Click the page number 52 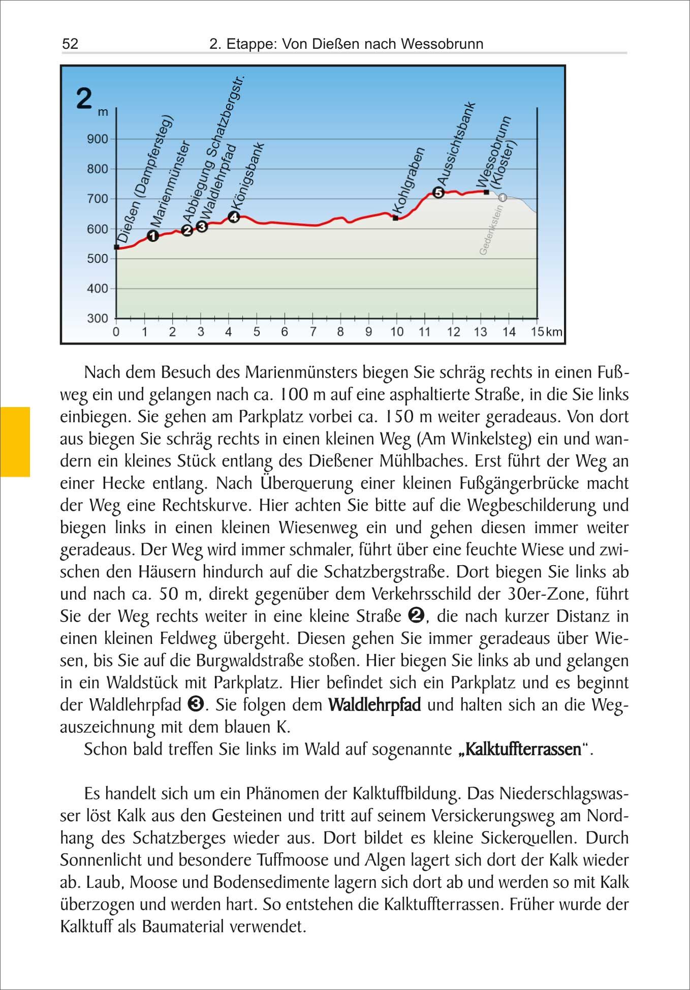[x=70, y=44]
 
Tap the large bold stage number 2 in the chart [x=84, y=99]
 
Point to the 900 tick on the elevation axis [x=98, y=139]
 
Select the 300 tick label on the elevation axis [x=98, y=319]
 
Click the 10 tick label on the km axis [x=396, y=332]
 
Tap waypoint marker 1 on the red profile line [x=153, y=236]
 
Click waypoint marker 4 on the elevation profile [x=234, y=217]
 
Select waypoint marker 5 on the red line [x=438, y=192]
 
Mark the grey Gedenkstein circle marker [x=503, y=197]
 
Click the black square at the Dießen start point [x=116, y=247]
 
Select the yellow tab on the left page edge [x=15, y=441]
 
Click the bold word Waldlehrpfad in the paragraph [x=374, y=705]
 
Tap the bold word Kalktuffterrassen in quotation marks [x=523, y=750]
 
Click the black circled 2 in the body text [x=416, y=616]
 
